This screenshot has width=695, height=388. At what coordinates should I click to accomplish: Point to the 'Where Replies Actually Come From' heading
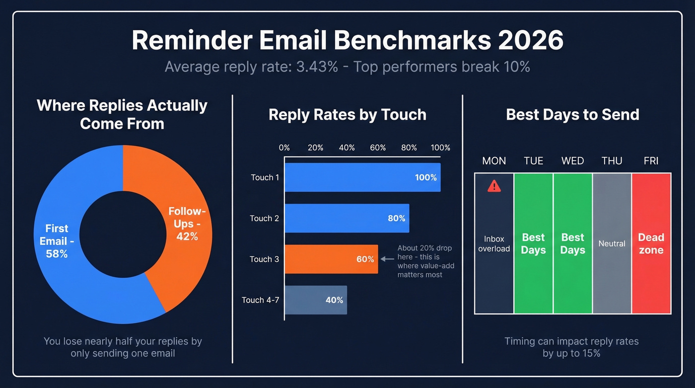click(x=122, y=114)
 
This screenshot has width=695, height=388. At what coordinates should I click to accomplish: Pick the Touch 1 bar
click(x=362, y=177)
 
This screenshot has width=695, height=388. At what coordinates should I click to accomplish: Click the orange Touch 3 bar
click(x=331, y=259)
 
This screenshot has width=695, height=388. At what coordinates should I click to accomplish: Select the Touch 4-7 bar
click(x=316, y=300)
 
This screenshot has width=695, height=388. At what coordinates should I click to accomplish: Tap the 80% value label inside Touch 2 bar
click(x=396, y=218)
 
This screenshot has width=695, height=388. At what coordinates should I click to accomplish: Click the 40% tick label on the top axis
click(x=347, y=148)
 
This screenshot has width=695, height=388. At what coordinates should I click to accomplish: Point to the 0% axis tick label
click(x=284, y=148)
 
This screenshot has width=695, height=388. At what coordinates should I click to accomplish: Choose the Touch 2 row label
click(x=264, y=218)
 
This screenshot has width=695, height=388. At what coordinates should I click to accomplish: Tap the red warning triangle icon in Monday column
click(x=494, y=186)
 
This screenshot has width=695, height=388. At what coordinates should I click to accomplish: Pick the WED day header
click(x=572, y=161)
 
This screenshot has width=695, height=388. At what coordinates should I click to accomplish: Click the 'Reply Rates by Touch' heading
click(x=347, y=115)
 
